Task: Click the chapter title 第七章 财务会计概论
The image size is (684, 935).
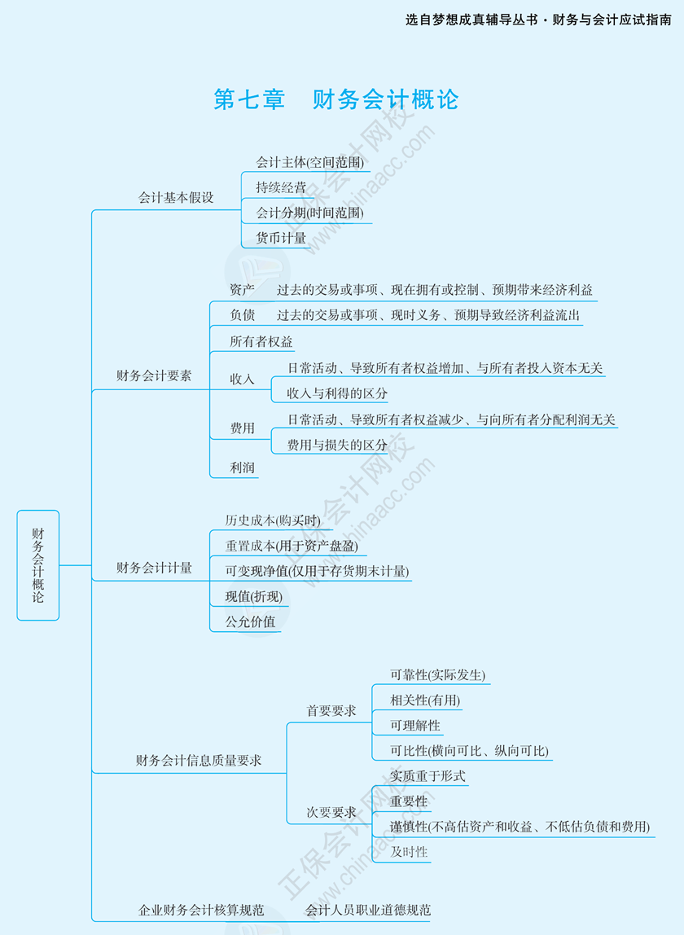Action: click(x=336, y=99)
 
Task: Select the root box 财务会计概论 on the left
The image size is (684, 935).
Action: click(x=38, y=564)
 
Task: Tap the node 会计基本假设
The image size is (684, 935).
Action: click(x=176, y=198)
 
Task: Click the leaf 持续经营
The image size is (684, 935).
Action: click(x=281, y=187)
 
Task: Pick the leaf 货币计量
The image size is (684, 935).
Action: click(x=281, y=238)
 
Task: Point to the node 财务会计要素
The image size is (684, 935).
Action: click(x=154, y=376)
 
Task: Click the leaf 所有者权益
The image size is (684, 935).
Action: click(x=261, y=341)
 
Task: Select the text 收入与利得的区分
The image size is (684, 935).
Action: click(x=337, y=393)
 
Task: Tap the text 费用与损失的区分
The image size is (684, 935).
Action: click(x=337, y=445)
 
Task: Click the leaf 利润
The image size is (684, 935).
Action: click(x=242, y=467)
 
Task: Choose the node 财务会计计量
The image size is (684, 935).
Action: click(x=154, y=568)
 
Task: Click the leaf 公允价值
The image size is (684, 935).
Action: click(x=250, y=621)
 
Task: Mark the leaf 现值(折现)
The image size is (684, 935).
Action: click(x=254, y=596)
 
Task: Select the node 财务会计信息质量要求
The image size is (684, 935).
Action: click(x=199, y=761)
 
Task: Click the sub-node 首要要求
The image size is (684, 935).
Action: click(x=331, y=711)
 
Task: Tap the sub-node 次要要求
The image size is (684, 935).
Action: click(x=331, y=812)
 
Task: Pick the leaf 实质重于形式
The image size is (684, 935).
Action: click(x=427, y=776)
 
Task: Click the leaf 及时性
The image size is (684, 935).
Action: click(x=409, y=852)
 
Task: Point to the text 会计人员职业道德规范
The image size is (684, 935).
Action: click(x=368, y=910)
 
